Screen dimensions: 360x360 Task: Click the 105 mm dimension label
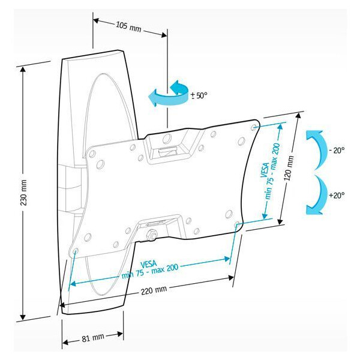[x=128, y=27]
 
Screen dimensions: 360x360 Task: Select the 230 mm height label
[x=24, y=193]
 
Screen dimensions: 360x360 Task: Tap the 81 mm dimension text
[x=93, y=337]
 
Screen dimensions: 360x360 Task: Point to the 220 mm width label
[x=154, y=290]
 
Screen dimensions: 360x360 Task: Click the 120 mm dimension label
[x=289, y=168]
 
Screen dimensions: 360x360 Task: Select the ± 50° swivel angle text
[x=199, y=95]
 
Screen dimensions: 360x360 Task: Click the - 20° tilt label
[x=337, y=151]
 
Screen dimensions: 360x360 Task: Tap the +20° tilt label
[x=337, y=195]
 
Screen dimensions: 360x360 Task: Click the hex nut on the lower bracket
[x=152, y=235]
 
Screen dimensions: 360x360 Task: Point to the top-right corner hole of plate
[x=254, y=127]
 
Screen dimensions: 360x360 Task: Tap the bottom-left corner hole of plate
[x=75, y=250]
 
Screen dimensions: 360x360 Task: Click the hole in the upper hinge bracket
[x=167, y=138]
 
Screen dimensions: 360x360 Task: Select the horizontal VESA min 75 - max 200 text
[x=149, y=269]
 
